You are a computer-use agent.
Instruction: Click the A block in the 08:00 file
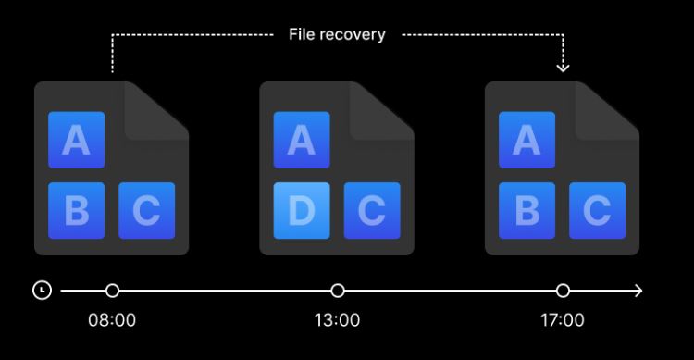click(77, 140)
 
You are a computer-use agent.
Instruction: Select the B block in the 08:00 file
click(77, 211)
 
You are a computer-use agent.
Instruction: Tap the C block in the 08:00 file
click(147, 211)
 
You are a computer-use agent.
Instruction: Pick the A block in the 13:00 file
click(302, 140)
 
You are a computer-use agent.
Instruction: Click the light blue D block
click(302, 211)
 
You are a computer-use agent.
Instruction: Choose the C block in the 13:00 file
click(372, 211)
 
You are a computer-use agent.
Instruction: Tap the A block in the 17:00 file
click(527, 140)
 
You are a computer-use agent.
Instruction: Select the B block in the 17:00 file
click(527, 211)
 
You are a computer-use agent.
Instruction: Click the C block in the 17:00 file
click(598, 211)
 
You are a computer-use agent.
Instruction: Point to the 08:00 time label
click(112, 319)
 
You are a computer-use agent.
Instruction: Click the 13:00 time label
click(337, 319)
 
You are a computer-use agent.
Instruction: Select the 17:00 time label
click(563, 319)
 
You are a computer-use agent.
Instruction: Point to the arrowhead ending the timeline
click(638, 291)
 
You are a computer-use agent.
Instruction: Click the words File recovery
click(337, 34)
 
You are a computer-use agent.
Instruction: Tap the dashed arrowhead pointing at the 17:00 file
click(563, 68)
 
